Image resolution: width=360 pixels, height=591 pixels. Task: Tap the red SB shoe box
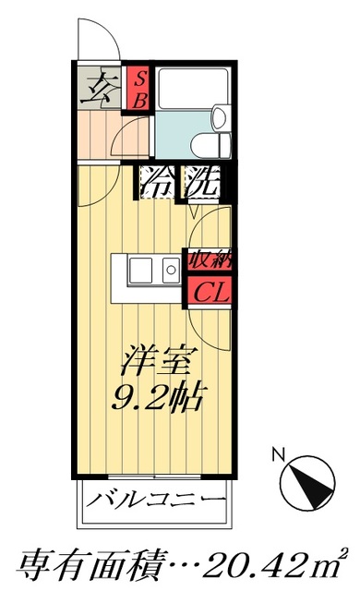point(137,88)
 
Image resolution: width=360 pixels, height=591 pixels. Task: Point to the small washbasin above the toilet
point(219,117)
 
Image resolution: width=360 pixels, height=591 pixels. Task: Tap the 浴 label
point(155,184)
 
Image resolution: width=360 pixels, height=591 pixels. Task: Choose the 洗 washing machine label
point(200,184)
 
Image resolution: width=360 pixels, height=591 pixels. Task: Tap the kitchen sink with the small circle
point(169,271)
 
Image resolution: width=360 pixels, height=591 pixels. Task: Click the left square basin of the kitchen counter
point(142,271)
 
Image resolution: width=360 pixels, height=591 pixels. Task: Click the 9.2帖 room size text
point(159,398)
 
